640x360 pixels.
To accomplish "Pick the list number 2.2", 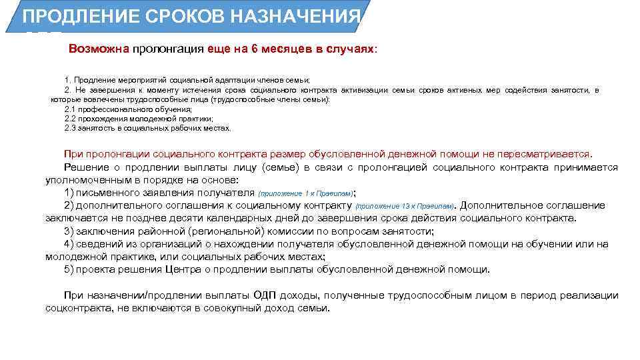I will click(71, 118).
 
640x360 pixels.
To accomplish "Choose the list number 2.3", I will click(71, 128).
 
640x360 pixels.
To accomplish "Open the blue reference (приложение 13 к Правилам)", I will click(405, 206).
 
